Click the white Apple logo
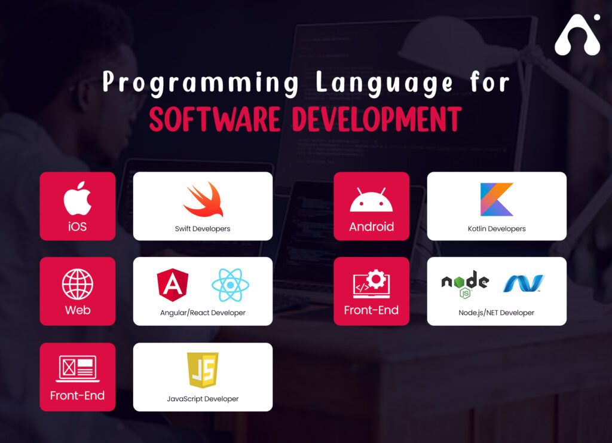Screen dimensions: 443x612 78,200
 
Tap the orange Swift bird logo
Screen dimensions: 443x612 203,200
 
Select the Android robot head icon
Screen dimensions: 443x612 371,201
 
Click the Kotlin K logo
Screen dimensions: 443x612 497,199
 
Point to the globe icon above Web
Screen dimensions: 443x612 78,284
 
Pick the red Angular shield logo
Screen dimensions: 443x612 172,285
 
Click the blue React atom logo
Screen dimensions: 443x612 230,285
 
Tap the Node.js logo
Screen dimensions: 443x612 465,283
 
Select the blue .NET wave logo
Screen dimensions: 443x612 524,283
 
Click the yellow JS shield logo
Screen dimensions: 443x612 203,370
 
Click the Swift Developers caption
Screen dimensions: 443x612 203,228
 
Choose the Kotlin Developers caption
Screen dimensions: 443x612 497,228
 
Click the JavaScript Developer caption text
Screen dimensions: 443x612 203,399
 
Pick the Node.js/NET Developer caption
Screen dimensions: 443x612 497,313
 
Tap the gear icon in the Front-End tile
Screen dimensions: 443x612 377,279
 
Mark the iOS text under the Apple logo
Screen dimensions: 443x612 78,227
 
